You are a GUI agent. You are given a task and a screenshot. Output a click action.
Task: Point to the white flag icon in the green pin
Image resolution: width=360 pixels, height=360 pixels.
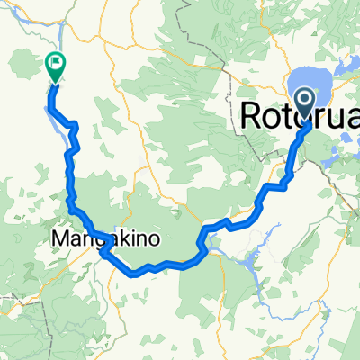(55, 63)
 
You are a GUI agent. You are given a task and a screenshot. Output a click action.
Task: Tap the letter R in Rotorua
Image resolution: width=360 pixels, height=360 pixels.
(256, 114)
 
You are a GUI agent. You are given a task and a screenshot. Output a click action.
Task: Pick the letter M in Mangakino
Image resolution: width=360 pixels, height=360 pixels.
(62, 240)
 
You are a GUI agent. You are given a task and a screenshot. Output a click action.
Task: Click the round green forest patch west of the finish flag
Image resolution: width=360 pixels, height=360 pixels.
(22, 67)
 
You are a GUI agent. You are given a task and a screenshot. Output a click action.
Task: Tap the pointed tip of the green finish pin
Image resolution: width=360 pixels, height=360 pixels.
(55, 83)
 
